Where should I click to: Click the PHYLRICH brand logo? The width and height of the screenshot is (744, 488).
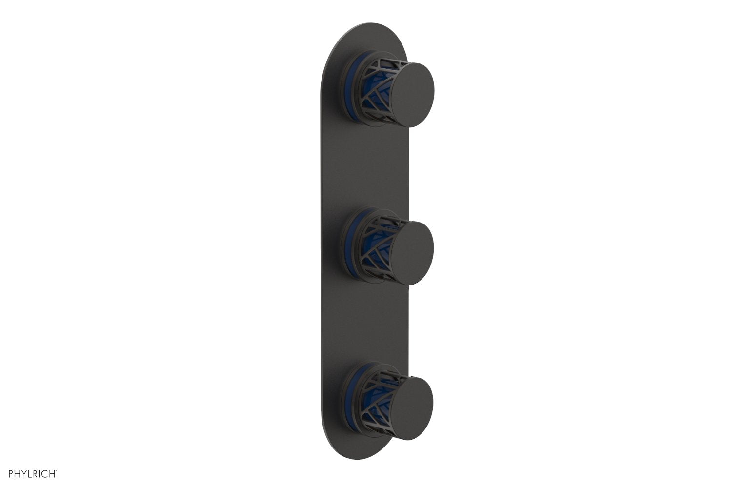tap(29, 473)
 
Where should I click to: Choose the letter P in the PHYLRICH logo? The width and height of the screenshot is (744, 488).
tap(5, 473)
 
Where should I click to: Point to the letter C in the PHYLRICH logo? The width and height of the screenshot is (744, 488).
tap(43, 473)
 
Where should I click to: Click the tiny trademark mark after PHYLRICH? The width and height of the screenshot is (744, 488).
tap(57, 471)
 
